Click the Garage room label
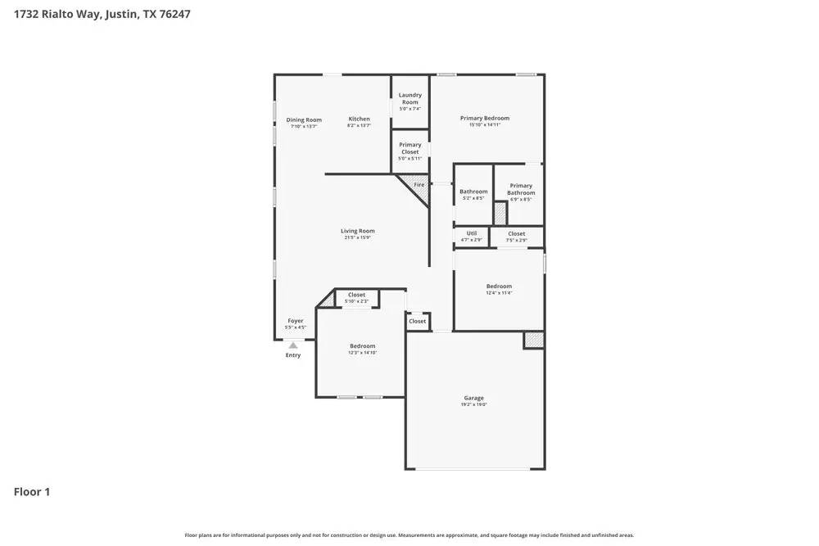[x=473, y=398]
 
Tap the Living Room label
[x=357, y=231]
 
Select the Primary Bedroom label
[x=484, y=118]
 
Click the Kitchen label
[x=359, y=119]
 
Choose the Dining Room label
[x=303, y=120]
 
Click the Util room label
[x=471, y=233]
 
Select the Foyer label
[x=295, y=321]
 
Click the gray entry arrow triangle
[x=293, y=345]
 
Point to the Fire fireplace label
[x=419, y=185]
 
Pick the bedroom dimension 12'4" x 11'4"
[x=498, y=293]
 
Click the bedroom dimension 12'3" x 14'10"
[x=362, y=353]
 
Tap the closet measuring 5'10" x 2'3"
[x=356, y=301]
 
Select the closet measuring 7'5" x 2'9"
[x=516, y=240]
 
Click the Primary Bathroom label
[x=521, y=189]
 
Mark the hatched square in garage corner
[x=534, y=340]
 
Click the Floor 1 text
[x=32, y=492]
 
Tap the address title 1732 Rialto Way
[x=102, y=14]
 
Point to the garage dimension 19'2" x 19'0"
[x=473, y=404]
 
